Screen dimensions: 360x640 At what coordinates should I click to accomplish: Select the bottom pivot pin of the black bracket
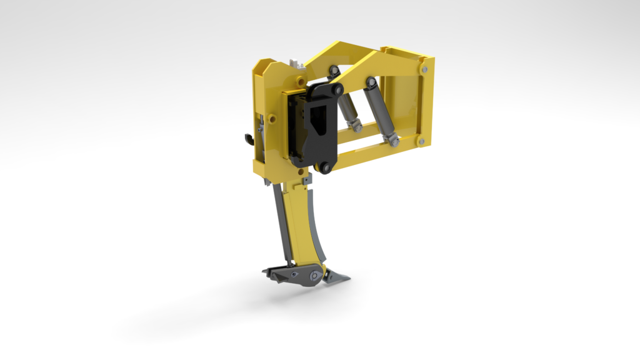(x=324, y=167)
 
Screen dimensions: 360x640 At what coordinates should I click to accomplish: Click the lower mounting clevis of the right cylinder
(x=394, y=141)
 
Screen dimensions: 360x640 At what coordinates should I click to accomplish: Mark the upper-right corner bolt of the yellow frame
(x=426, y=62)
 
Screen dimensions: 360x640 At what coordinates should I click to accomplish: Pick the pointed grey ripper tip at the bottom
(x=337, y=277)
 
